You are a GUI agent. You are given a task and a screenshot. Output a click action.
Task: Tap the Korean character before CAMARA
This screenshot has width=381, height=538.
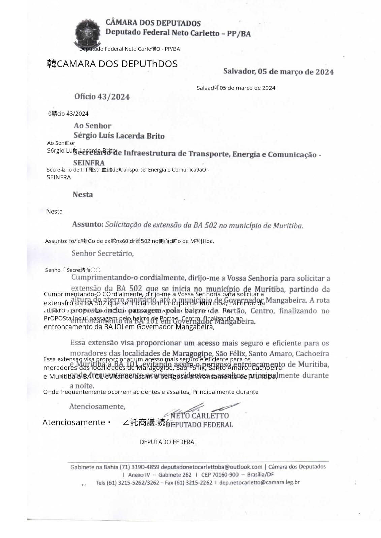[52, 64]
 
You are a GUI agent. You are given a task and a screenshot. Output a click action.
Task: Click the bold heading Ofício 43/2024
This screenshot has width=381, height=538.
[102, 97]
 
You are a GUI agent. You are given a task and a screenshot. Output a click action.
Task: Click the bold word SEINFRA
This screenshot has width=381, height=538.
[89, 163]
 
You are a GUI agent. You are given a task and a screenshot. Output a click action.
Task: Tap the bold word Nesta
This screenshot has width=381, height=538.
[83, 194]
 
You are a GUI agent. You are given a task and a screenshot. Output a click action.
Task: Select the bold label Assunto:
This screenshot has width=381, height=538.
[88, 224]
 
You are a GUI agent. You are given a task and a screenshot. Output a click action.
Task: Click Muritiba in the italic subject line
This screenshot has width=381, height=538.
[288, 225]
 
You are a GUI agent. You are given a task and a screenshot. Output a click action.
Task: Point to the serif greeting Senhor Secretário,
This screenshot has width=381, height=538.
[103, 253]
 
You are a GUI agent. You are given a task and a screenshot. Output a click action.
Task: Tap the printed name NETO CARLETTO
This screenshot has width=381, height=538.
[199, 416]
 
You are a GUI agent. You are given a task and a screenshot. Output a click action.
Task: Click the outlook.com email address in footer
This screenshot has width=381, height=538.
[211, 467]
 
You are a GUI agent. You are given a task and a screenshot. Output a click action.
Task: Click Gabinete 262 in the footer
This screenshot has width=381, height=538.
[175, 475]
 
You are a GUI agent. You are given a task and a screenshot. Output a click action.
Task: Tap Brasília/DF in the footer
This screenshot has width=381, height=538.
[260, 475]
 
